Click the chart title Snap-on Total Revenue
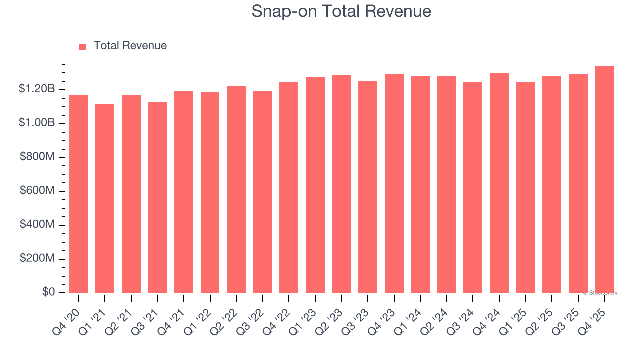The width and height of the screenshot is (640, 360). coord(341,11)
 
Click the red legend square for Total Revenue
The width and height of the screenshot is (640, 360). coord(82,46)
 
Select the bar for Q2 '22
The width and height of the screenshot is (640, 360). coord(236,189)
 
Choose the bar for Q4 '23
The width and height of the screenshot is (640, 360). coord(394,183)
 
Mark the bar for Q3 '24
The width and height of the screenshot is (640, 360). coord(473,187)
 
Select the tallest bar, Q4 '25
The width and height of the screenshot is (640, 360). coord(604,179)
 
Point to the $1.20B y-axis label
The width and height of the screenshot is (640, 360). coord(37,89)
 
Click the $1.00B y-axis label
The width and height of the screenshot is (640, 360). coord(37,123)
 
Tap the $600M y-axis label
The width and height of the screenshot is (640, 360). coord(37,191)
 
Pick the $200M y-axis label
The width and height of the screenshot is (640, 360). coord(37,259)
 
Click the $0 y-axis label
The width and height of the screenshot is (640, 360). coord(48,292)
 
